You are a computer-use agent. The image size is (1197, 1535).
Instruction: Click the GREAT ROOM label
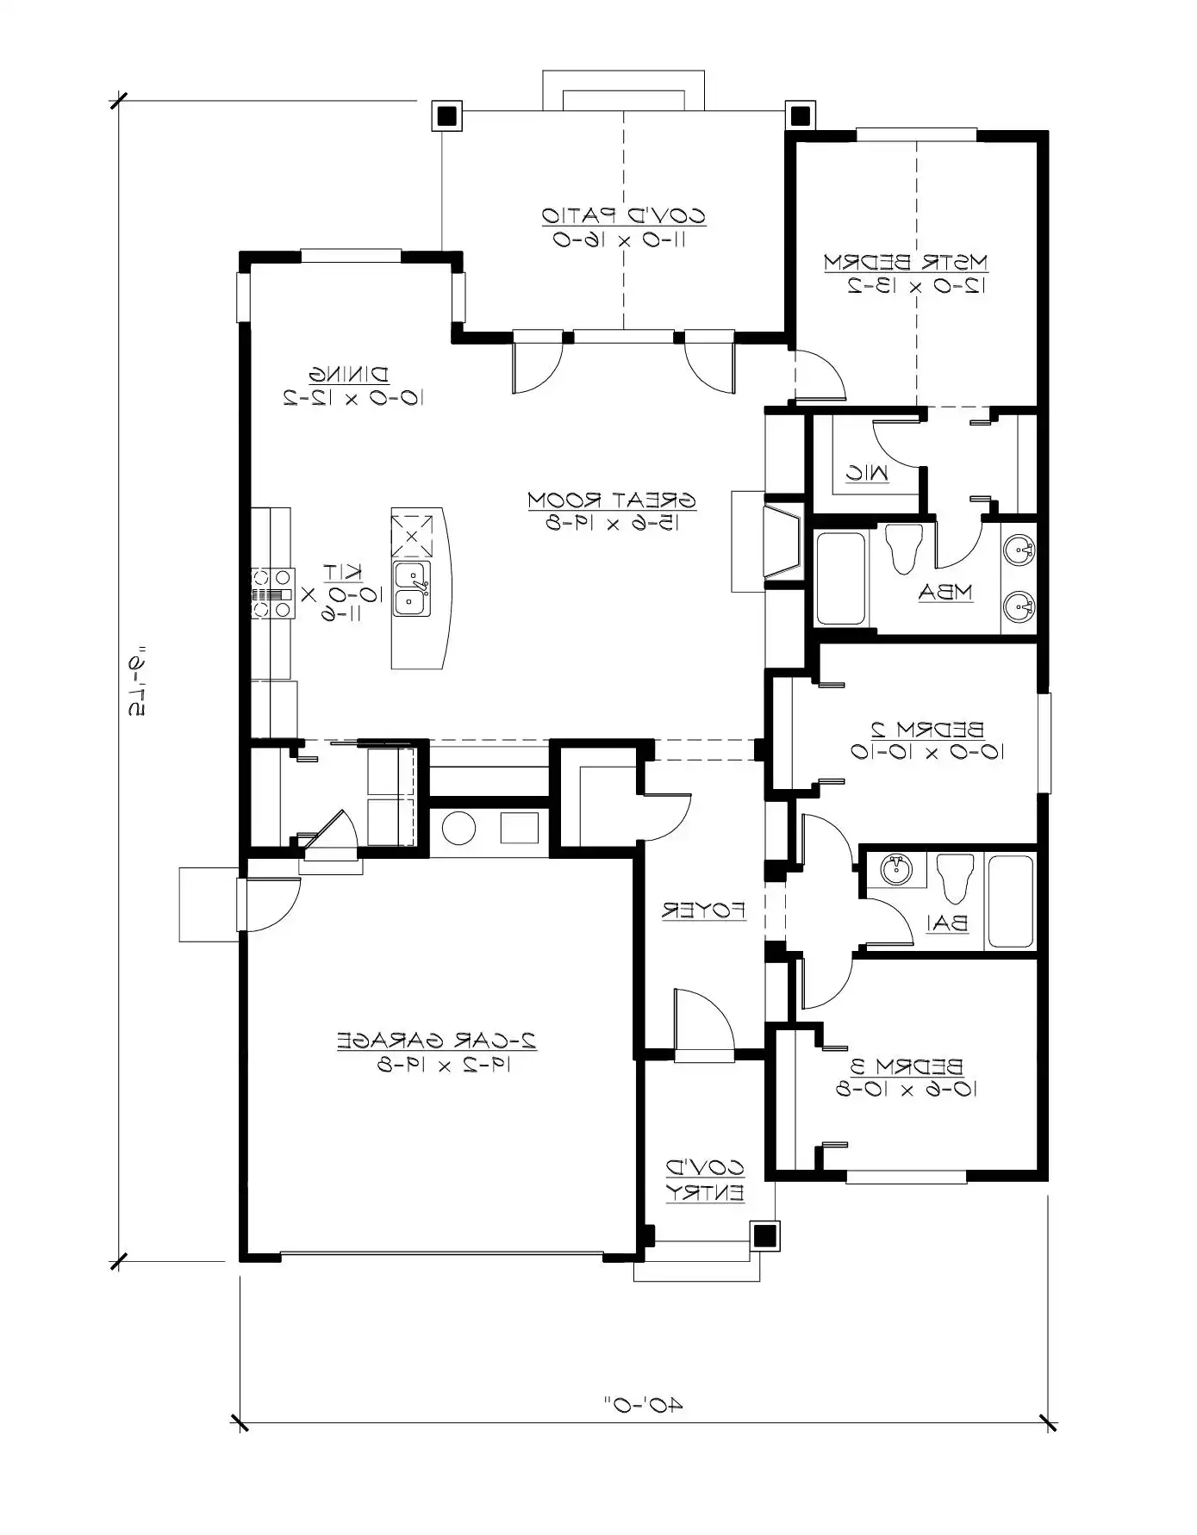pos(611,500)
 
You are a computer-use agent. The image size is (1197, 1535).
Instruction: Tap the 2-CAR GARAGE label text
pos(437,1041)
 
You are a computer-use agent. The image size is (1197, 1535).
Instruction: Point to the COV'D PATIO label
pos(623,215)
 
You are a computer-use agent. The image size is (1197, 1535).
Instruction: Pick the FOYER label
pos(703,910)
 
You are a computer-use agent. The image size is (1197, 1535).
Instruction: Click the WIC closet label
pos(866,472)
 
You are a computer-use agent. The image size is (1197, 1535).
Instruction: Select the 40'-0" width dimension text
pos(642,1406)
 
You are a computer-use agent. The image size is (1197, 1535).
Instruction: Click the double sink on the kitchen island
pos(412,589)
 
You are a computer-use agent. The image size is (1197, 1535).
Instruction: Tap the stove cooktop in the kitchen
pos(272,593)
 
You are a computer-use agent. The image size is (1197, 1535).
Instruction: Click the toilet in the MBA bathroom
pos(904,549)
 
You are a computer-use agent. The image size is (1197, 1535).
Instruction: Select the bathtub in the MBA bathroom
pos(840,578)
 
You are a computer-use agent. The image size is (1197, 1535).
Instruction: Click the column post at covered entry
pos(764,1236)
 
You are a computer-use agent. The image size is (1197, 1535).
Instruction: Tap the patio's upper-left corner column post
pos(446,115)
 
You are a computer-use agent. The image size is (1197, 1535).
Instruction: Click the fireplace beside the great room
pos(781,541)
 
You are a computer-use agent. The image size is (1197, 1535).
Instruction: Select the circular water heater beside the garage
pos(458,829)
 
